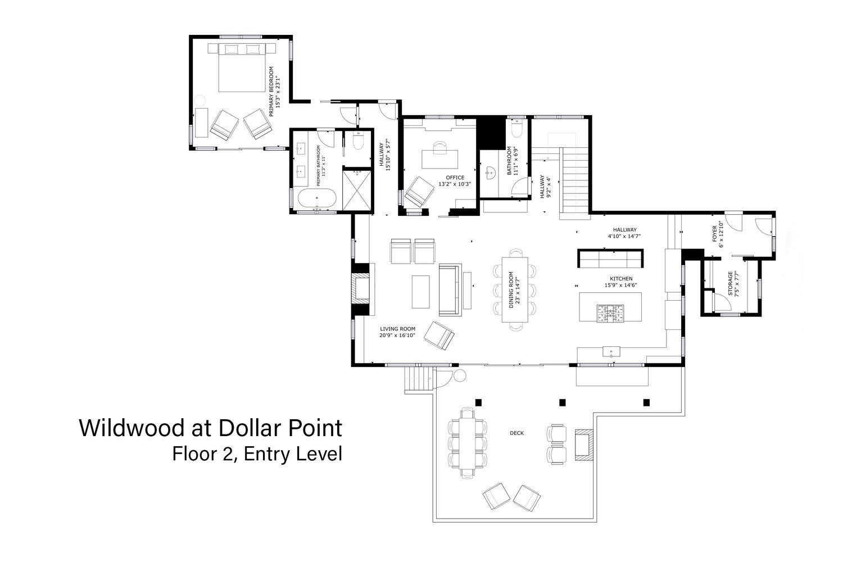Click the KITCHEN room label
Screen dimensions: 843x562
coord(621,279)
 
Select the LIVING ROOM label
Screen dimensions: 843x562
coord(397,329)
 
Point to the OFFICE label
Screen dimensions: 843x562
coord(455,177)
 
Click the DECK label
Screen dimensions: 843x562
coord(516,433)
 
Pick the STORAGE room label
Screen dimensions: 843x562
coord(730,283)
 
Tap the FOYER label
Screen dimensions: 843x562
coord(715,234)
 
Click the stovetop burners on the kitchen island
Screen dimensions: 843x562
coord(610,314)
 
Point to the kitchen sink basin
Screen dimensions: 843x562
coord(611,352)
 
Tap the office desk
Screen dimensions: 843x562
coord(440,159)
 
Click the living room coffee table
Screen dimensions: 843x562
coord(421,292)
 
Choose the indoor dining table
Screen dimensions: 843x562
coord(515,289)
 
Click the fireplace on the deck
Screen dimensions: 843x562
coord(584,445)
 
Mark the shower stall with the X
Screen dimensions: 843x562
coord(357,191)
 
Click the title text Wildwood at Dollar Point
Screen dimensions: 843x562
coord(211,428)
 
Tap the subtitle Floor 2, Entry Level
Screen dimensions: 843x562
coord(257,454)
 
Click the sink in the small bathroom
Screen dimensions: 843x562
coord(490,174)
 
